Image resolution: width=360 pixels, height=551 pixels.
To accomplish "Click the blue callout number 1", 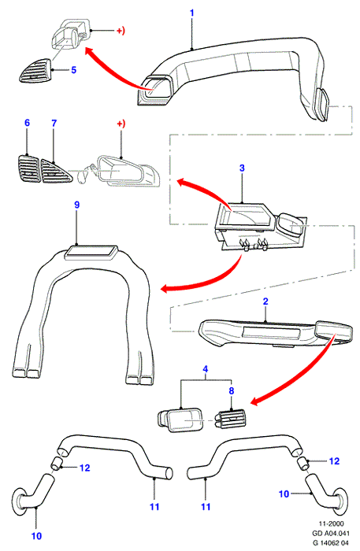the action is [192, 13].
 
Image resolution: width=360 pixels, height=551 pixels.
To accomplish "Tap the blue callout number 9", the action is [77, 205].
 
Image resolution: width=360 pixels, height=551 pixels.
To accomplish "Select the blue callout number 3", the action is [242, 168].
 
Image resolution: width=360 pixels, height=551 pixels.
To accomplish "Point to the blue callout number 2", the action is [265, 301].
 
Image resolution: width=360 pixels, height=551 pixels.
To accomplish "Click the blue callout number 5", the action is [73, 70].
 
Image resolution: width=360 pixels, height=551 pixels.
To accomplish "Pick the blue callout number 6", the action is [27, 123].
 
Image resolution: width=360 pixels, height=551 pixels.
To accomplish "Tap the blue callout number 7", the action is [54, 124].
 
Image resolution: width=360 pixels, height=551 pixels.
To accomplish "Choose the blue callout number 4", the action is [206, 369].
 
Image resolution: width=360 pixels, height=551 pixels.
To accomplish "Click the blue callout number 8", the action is [232, 390].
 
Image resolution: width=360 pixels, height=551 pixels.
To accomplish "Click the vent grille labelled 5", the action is [35, 72].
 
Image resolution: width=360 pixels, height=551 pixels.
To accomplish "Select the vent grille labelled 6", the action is [29, 169].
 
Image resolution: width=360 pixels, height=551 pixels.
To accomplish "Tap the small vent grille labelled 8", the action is [230, 420].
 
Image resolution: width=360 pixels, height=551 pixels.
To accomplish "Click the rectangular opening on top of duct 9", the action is [91, 253].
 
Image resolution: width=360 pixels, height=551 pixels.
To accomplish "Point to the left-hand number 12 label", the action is [85, 468].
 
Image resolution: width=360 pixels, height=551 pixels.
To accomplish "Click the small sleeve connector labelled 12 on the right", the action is [303, 463].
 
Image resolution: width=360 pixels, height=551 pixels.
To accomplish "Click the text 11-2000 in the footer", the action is [331, 523].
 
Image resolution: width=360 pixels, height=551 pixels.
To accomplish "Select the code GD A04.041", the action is [331, 533].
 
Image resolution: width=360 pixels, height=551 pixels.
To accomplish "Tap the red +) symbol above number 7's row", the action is [121, 124].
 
